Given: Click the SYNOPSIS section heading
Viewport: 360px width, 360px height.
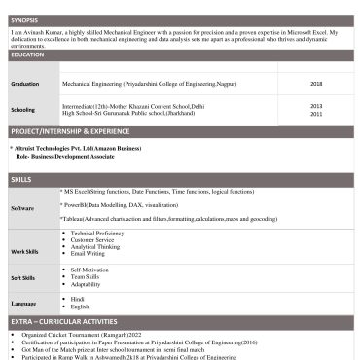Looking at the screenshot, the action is (25, 19).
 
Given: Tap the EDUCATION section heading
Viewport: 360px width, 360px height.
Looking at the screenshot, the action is (27, 54).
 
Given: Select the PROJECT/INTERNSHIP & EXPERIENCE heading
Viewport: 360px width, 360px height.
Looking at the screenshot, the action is (69, 129).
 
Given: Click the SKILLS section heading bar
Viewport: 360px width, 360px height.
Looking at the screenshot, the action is (21, 180).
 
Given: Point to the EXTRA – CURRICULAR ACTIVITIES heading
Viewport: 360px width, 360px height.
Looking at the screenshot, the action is (63, 321).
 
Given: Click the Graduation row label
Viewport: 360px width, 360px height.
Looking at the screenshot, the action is (25, 84).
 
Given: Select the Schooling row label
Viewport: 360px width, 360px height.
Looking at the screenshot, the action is (23, 109).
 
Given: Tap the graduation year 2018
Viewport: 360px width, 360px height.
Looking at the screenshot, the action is (316, 84).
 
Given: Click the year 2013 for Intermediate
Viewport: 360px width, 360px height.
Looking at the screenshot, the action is (316, 105).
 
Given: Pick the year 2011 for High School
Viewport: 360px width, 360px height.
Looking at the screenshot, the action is (316, 114).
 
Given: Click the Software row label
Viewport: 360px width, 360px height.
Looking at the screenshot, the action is (22, 208).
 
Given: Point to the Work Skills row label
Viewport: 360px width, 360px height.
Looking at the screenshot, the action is (24, 252).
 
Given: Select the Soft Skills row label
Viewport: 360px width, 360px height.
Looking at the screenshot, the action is (23, 277).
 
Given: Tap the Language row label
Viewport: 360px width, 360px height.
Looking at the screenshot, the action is (23, 303).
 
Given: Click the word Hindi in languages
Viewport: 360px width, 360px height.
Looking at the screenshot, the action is (78, 299).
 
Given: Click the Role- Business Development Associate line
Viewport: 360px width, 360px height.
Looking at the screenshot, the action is (65, 156).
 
